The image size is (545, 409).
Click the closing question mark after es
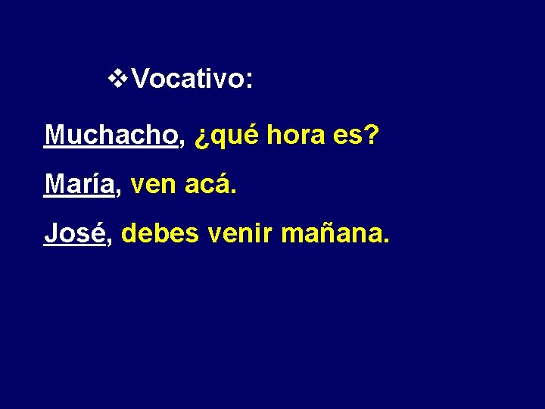pyautogui.click(x=371, y=135)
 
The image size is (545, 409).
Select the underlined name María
pyautogui.click(x=79, y=183)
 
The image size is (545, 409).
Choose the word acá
pyautogui.click(x=206, y=183)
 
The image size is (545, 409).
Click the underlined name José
pyautogui.click(x=74, y=233)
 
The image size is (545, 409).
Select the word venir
pyautogui.click(x=240, y=233)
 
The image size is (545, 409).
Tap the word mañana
pyautogui.click(x=330, y=234)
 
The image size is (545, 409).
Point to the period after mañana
pyautogui.click(x=387, y=242)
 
